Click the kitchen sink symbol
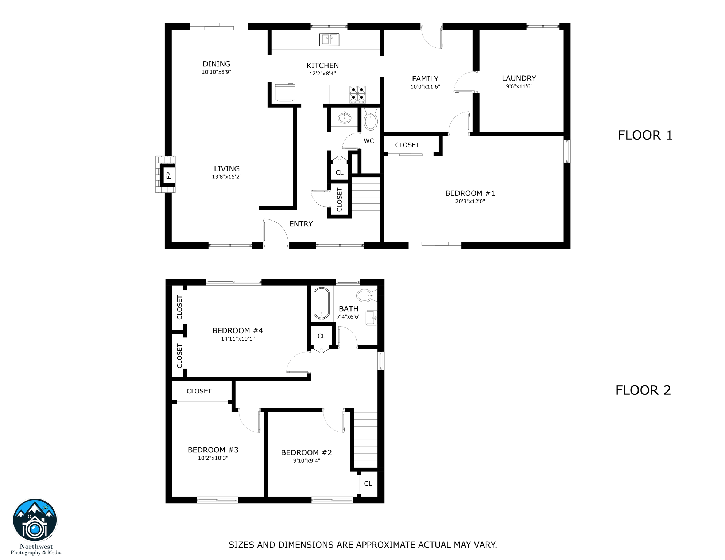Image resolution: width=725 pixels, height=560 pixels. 329,39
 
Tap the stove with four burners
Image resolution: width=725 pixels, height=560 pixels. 357,94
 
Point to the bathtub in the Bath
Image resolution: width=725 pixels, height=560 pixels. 321,303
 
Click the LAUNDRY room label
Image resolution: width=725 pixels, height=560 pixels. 519,78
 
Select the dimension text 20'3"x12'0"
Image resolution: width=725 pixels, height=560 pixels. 470,201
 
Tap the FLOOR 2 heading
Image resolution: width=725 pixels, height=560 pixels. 643,390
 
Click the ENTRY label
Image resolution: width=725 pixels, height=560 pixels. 301,224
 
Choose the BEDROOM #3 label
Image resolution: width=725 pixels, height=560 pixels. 213,450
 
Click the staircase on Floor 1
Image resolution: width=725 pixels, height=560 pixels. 365,197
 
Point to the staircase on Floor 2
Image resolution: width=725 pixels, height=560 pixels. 365,440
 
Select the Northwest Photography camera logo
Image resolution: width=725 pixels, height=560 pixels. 35,521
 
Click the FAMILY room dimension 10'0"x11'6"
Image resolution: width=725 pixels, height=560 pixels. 425,87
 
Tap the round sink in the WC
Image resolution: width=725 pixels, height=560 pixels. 344,118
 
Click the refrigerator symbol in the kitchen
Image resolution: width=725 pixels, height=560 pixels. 285,92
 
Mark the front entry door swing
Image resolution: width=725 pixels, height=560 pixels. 276,231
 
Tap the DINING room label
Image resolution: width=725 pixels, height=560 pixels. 216,64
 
